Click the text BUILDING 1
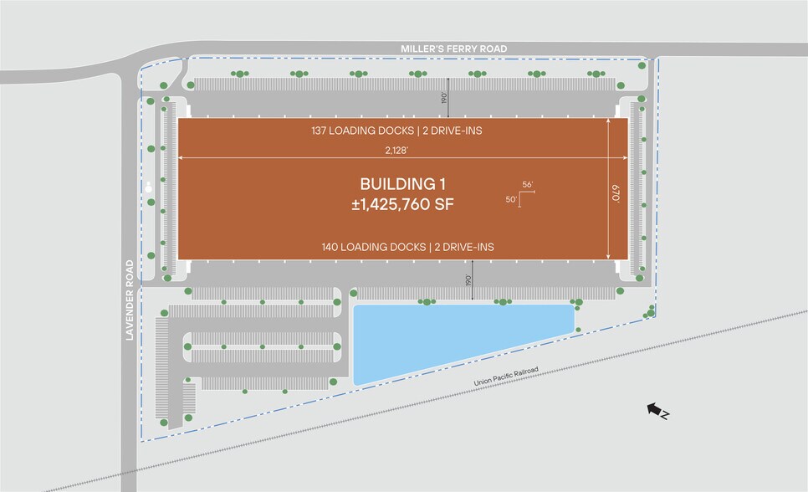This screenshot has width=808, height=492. [x=404, y=183]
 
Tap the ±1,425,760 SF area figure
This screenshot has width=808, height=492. [x=404, y=202]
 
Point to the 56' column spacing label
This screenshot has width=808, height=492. [x=527, y=184]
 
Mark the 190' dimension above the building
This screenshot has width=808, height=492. [x=444, y=97]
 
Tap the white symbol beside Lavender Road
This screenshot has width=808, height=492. [x=150, y=187]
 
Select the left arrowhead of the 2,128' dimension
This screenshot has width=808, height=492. [x=181, y=158]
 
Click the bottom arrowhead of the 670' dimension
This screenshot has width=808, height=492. [x=608, y=256]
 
